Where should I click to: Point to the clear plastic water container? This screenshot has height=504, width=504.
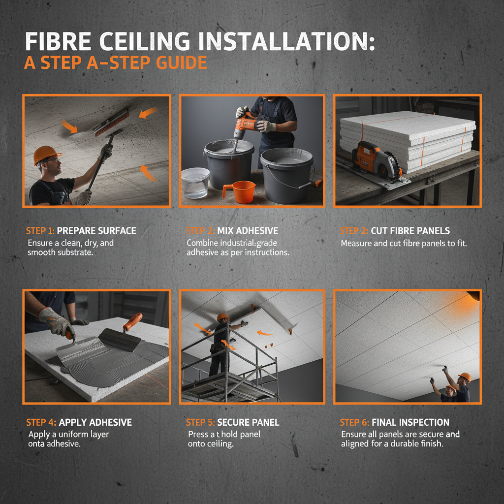[195, 182]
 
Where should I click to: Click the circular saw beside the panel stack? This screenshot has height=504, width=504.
[378, 160]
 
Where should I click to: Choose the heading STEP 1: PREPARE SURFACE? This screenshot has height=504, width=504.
[81, 231]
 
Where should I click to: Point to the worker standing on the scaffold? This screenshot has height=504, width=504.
[220, 345]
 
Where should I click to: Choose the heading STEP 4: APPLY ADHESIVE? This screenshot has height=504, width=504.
[79, 422]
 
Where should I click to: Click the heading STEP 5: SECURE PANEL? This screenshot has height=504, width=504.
[232, 422]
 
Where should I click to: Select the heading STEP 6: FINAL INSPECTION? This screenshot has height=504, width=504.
[394, 422]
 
